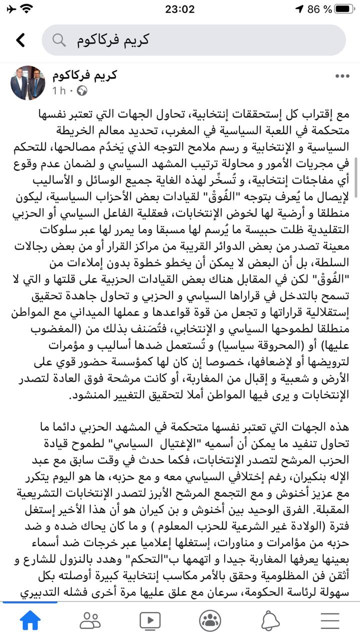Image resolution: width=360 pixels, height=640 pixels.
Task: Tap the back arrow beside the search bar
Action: coord(20,40)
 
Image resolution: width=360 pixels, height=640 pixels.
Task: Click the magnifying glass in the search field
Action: coord(59,40)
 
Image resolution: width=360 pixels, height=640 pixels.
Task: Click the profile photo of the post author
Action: coord(28,83)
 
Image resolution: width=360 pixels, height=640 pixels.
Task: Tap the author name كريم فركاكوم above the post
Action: coord(84,75)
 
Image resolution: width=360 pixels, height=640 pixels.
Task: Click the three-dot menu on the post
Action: coord(342,76)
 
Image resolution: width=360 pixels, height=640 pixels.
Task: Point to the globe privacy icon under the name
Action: coord(82,91)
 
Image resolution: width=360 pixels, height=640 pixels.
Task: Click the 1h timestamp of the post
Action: coord(59,91)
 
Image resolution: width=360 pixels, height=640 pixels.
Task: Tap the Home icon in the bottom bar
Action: coord(30,620)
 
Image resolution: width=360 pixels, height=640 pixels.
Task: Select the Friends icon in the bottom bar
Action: coord(90,620)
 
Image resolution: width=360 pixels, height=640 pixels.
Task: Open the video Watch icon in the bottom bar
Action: coord(150,620)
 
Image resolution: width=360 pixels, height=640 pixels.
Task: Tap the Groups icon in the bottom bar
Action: coord(210,620)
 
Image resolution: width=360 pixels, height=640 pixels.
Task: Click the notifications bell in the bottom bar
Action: coord(270,620)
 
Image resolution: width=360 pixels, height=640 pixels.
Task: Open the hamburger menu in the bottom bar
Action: coord(330,620)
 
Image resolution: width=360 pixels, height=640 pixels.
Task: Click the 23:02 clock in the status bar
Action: coord(179,9)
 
